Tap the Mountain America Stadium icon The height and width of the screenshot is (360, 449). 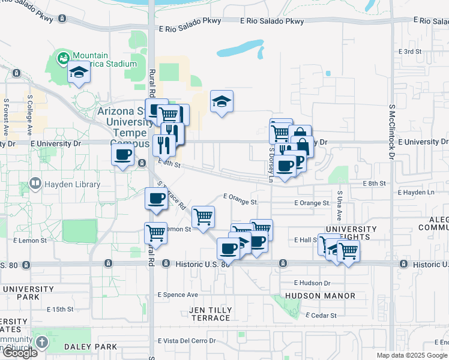62,58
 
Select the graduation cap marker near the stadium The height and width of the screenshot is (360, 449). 79,73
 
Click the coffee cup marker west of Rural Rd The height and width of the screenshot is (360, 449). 122,155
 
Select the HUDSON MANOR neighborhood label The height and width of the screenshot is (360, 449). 320,296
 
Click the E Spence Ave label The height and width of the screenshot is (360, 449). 178,295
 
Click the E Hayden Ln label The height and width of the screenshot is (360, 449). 416,193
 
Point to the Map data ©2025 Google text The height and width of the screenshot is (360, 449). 412,355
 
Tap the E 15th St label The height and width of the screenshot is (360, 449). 59,310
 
